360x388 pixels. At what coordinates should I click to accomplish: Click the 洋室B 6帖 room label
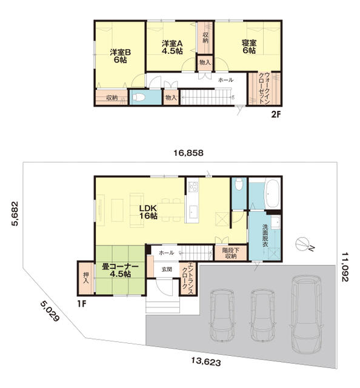120,56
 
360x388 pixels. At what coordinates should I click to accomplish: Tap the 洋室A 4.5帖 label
172,47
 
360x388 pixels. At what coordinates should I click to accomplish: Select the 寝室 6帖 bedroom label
249,47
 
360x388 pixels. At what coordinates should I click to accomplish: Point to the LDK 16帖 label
148,212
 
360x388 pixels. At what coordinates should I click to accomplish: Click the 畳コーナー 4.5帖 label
120,270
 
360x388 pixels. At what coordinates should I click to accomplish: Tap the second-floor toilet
138,97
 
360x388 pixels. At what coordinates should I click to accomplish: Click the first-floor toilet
239,184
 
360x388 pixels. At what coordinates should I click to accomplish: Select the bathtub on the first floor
272,193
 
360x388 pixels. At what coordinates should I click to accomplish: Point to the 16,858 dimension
188,153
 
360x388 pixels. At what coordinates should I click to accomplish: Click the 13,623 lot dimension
206,362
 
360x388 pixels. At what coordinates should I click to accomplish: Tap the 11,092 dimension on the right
345,267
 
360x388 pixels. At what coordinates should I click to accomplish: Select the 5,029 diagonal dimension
50,311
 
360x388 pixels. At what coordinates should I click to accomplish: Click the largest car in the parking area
306,314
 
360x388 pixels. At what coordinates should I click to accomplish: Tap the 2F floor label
276,115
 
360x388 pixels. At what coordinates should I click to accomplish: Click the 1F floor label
82,304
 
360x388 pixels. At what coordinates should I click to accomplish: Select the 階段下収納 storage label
230,253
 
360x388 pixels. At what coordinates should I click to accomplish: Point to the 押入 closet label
86,278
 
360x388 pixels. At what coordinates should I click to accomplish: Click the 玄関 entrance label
167,269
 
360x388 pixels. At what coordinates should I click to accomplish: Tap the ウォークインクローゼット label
264,88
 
